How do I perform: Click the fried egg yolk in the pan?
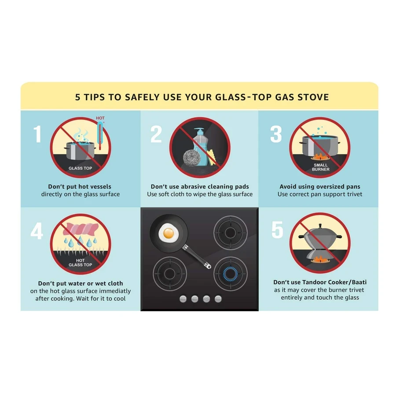point(169,233)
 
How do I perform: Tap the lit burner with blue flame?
point(230,274)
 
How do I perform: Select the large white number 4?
point(37,231)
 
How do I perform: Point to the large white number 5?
point(277,230)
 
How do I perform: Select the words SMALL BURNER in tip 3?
point(320,167)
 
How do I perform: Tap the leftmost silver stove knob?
point(183,299)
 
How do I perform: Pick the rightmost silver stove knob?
point(218,299)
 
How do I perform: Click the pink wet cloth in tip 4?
point(79,229)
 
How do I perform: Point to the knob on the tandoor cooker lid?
point(320,226)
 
